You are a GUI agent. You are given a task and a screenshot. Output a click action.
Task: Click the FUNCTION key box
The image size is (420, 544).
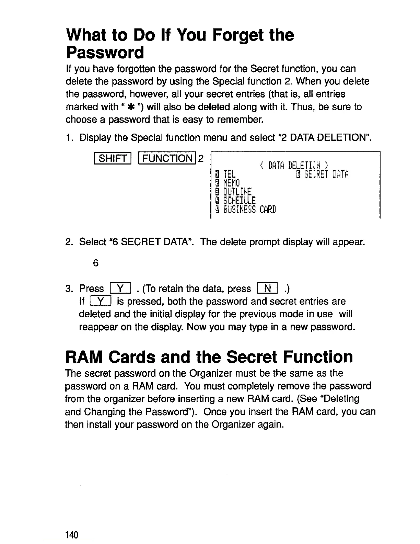[x=168, y=158]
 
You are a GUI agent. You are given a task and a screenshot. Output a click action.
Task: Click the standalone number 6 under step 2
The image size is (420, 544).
[x=95, y=263]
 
